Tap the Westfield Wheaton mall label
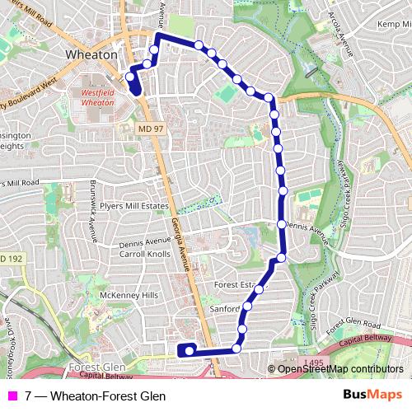(100, 99)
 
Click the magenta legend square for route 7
(12, 396)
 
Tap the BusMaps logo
(372, 396)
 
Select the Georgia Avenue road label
(180, 244)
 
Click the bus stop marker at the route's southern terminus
(189, 350)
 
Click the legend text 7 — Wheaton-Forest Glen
(95, 396)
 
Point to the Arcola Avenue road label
(339, 34)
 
